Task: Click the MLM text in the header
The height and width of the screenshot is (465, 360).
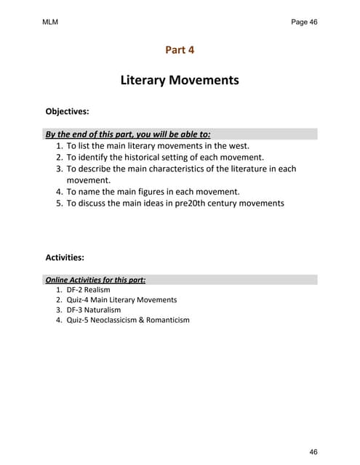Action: (x=50, y=23)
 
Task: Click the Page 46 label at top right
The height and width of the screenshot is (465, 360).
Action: (x=304, y=23)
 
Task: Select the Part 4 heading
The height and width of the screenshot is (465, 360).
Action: (x=180, y=50)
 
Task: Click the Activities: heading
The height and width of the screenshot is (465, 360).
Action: (x=65, y=257)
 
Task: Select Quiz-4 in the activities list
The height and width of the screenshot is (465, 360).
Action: (x=79, y=299)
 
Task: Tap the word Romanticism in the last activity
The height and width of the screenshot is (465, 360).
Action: (x=167, y=320)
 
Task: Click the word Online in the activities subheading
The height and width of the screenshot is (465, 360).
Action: (x=57, y=279)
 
